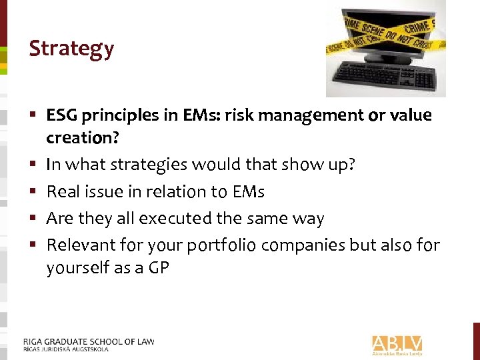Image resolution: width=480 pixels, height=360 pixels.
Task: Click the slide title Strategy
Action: click(71, 49)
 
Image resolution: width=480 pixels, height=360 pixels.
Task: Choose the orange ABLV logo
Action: click(397, 344)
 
